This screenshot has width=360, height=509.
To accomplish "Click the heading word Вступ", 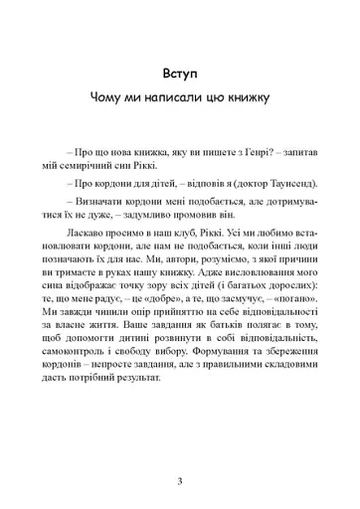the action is [180, 75].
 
